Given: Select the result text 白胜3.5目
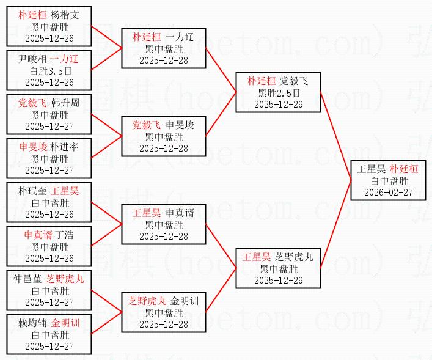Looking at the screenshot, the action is coord(49,70).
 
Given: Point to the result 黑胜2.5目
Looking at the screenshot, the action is coord(279,93).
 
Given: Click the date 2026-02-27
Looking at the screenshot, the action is coord(388,192).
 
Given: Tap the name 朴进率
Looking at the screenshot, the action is coord(64,147).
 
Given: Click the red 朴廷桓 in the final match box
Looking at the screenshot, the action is coord(405,169).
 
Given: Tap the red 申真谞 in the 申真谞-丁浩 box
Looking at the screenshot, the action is coord(37,235).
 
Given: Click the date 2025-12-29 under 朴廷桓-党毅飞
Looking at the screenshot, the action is coord(279,104).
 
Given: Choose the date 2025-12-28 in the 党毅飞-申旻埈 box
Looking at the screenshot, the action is coord(163,148).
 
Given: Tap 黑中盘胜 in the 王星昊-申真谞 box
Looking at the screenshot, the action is coord(163,225).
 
